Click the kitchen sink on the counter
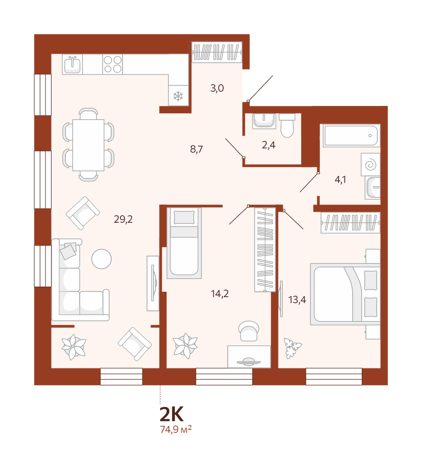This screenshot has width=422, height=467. (72, 64)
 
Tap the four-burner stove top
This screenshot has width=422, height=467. (113, 64)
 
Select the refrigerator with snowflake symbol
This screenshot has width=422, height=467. (178, 96)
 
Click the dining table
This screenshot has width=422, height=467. (88, 145)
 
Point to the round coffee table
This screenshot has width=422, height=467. (101, 259)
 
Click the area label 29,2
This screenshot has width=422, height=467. (123, 220)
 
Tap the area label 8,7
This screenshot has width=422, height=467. (197, 149)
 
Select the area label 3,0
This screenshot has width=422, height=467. (217, 88)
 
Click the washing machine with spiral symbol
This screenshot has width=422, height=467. (370, 164)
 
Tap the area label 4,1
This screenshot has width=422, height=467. (340, 180)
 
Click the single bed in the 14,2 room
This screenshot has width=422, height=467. (184, 243)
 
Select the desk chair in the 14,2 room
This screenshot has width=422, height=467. (249, 331)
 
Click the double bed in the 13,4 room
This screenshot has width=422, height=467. (345, 294)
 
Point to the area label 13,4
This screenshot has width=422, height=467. (297, 300)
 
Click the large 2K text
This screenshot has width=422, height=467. (171, 414)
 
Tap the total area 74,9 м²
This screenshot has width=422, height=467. (176, 429)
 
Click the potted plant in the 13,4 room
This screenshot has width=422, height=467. (293, 348)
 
